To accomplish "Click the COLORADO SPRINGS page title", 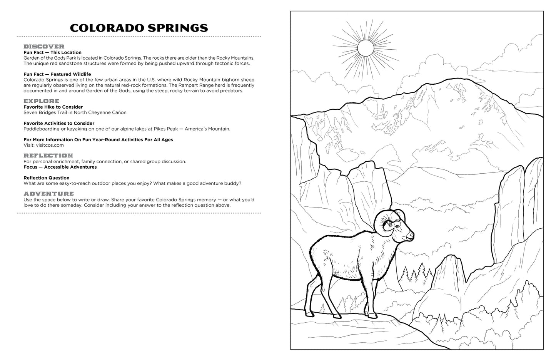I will [139, 28].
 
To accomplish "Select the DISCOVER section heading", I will [44, 47].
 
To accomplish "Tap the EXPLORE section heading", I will [42, 101].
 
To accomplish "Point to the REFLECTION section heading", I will [48, 156].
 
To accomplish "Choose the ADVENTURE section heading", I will [48, 194].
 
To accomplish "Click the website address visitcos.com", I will [50, 146].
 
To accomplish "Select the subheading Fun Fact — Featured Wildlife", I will [57, 74].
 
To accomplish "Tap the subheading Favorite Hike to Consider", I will [53, 107].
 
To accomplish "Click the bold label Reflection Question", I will [47, 178].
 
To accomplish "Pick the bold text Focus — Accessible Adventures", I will [60, 167].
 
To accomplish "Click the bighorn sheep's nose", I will [412, 234].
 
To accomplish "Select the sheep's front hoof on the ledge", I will [372, 315].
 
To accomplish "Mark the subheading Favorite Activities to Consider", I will [59, 123].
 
